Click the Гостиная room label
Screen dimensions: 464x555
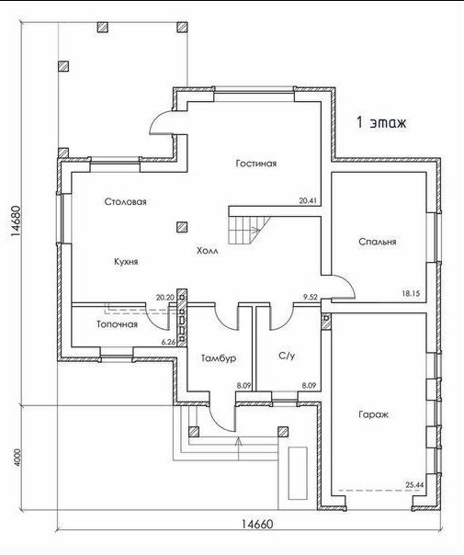pyautogui.click(x=256, y=164)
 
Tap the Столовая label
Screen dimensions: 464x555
pyautogui.click(x=125, y=202)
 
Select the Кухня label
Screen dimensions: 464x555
pyautogui.click(x=126, y=262)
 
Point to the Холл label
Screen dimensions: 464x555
pyautogui.click(x=208, y=251)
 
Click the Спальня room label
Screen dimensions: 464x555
pyautogui.click(x=378, y=242)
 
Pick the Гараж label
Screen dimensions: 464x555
pyautogui.click(x=373, y=414)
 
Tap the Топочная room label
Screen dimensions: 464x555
pyautogui.click(x=117, y=324)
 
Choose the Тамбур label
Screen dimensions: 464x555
pyautogui.click(x=219, y=358)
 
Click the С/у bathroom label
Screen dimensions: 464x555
pyautogui.click(x=287, y=356)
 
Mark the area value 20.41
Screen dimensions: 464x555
pyautogui.click(x=308, y=200)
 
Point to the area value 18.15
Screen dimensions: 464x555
pyautogui.click(x=411, y=293)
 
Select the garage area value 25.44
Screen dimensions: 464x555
pyautogui.click(x=414, y=485)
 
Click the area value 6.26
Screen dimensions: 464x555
pyautogui.click(x=168, y=342)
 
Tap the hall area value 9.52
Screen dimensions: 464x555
pyautogui.click(x=311, y=297)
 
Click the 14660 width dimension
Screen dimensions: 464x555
pyautogui.click(x=257, y=524)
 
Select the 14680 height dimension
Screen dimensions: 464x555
pyautogui.click(x=16, y=221)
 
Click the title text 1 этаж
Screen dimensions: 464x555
pyautogui.click(x=381, y=122)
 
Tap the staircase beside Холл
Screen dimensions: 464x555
pyautogui.click(x=249, y=230)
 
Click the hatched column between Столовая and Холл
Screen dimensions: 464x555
pyautogui.click(x=182, y=227)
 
